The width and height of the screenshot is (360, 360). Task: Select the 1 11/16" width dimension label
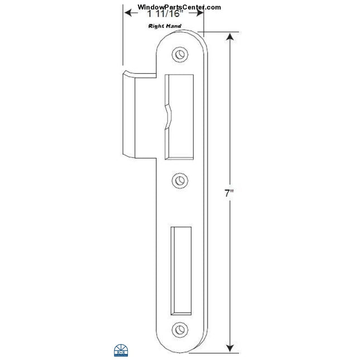[163, 16]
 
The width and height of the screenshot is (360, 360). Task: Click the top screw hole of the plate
[179, 54]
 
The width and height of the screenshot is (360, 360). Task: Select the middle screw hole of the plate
[179, 180]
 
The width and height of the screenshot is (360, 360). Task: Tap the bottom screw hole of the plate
[179, 329]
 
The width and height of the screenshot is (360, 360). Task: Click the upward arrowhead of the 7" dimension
[229, 36]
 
